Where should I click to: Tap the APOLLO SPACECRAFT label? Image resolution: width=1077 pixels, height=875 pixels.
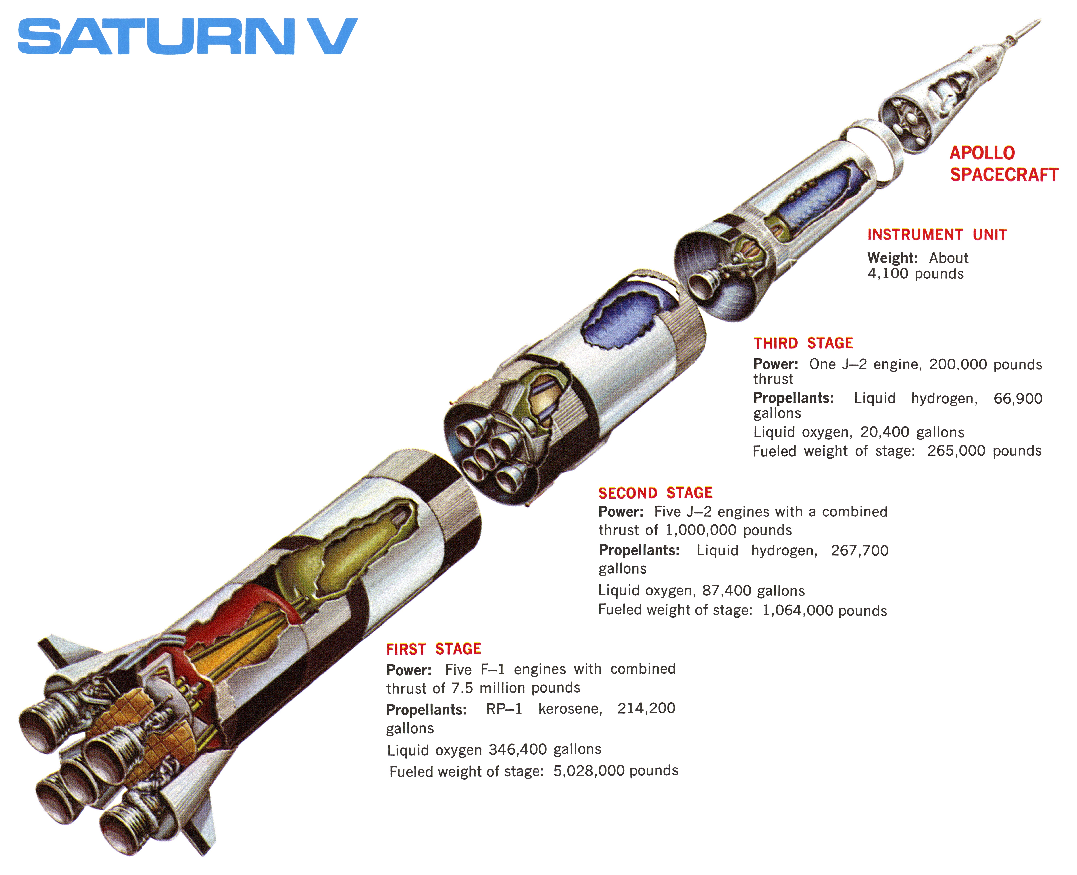pyautogui.click(x=1003, y=164)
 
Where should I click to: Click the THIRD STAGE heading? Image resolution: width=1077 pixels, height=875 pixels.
pyautogui.click(x=803, y=343)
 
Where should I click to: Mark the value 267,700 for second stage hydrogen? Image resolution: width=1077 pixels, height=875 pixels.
pyautogui.click(x=859, y=550)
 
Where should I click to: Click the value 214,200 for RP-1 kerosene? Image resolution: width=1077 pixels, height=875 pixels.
pyautogui.click(x=646, y=708)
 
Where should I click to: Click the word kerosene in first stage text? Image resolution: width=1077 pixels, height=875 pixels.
pyautogui.click(x=570, y=709)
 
